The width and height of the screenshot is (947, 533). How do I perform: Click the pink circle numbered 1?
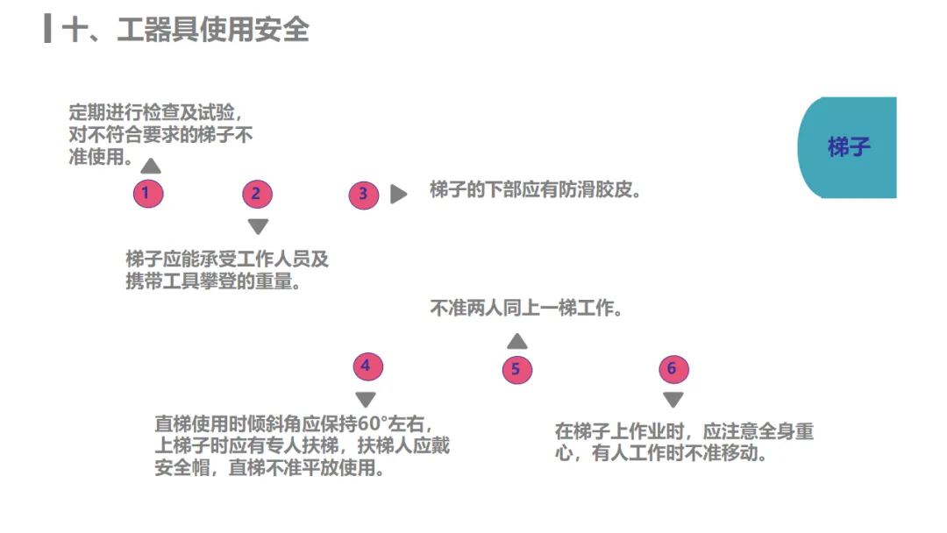[147, 193]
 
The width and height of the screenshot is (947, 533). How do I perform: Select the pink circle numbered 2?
[256, 194]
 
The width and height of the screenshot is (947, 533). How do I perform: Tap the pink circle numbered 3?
[364, 195]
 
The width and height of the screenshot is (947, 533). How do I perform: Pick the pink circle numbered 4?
[367, 366]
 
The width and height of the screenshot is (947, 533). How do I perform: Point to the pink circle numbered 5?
[516, 369]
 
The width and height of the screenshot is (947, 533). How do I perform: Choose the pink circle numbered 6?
[673, 369]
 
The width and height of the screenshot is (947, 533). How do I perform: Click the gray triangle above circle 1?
[151, 165]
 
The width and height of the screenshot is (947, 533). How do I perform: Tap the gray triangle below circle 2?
[257, 226]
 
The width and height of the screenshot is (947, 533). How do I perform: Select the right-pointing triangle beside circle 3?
[399, 195]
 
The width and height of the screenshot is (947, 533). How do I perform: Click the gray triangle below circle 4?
[366, 400]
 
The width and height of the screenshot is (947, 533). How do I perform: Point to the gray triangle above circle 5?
[517, 341]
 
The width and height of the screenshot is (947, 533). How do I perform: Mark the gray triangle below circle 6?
[673, 400]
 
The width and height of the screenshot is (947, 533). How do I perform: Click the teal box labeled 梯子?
[847, 147]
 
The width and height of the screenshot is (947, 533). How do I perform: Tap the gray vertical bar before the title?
[47, 29]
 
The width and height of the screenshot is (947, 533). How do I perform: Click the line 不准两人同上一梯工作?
[526, 309]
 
